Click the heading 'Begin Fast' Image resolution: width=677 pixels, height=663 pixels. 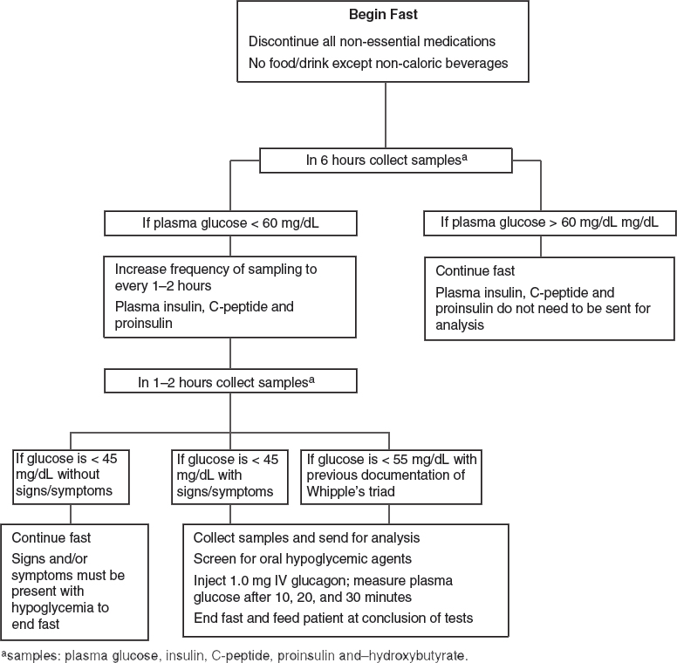click(383, 14)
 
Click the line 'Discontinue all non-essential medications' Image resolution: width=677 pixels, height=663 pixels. click(372, 42)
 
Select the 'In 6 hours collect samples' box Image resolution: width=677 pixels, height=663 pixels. click(386, 161)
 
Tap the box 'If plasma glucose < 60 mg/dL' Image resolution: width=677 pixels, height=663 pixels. click(230, 223)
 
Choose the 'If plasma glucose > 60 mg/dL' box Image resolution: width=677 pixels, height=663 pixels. click(550, 223)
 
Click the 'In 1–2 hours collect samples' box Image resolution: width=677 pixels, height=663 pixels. click(230, 380)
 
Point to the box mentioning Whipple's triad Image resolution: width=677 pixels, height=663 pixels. click(391, 477)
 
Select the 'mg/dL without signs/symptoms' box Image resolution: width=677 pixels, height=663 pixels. click(71, 477)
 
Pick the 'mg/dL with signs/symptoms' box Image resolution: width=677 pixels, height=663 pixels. click(229, 477)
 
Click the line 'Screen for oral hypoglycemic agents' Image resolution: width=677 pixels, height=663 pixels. click(302, 559)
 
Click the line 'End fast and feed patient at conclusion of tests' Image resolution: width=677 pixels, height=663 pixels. click(333, 619)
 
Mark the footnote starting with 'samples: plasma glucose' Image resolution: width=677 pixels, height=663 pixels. click(235, 656)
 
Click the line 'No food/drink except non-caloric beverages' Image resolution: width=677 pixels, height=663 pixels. click(379, 64)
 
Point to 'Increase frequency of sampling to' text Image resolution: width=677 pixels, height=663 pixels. click(215, 270)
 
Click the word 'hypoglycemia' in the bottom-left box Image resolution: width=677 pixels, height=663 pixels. click(48, 608)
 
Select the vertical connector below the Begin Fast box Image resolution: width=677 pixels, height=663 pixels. click(386, 115)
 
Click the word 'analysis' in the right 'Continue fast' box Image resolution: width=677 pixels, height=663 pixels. click(460, 325)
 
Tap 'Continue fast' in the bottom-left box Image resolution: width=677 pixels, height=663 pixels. click(51, 538)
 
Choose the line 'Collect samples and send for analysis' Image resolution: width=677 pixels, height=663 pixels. click(306, 538)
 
